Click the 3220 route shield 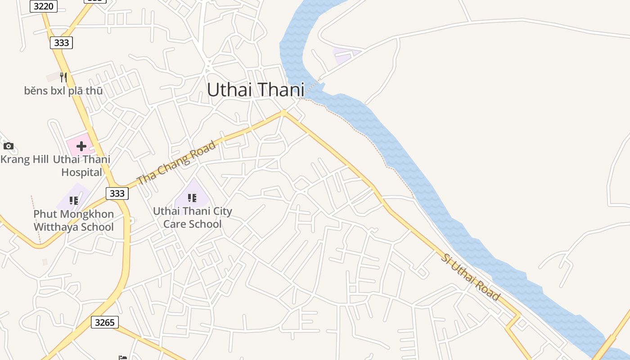pyautogui.click(x=43, y=6)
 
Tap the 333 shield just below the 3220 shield pyautogui.click(x=61, y=43)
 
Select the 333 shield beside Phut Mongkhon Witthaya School pyautogui.click(x=117, y=193)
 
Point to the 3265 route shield pyautogui.click(x=105, y=322)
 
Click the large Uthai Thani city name pyautogui.click(x=255, y=90)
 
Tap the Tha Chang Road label pyautogui.click(x=176, y=163)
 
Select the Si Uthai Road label pyautogui.click(x=470, y=277)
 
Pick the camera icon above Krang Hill pyautogui.click(x=8, y=146)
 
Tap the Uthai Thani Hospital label pyautogui.click(x=81, y=166)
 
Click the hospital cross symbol pyautogui.click(x=81, y=146)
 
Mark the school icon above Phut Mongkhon pyautogui.click(x=73, y=200)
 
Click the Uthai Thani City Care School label pyautogui.click(x=192, y=217)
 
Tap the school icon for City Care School pyautogui.click(x=192, y=198)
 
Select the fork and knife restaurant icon pyautogui.click(x=63, y=77)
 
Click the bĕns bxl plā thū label pyautogui.click(x=63, y=91)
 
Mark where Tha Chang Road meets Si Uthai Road pyautogui.click(x=283, y=112)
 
